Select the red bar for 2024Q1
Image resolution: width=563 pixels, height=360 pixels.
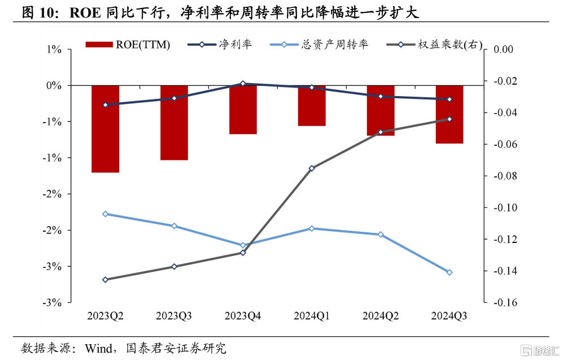[x=312, y=106]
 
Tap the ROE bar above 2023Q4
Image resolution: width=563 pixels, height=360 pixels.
[x=243, y=110]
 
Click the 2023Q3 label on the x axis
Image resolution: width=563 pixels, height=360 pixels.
[x=174, y=316]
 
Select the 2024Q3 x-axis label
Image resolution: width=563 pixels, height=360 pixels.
[x=449, y=316]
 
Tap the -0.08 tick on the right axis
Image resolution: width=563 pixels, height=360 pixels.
[x=505, y=176]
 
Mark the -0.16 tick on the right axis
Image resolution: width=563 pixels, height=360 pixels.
[x=505, y=302]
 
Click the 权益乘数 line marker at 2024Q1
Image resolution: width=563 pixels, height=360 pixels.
[x=312, y=168]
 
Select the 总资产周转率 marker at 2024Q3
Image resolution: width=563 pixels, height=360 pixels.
[x=449, y=272]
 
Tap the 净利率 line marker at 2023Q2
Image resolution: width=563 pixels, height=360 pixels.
[x=105, y=105]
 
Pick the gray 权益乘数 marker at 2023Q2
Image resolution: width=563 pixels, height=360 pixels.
[x=105, y=279]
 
